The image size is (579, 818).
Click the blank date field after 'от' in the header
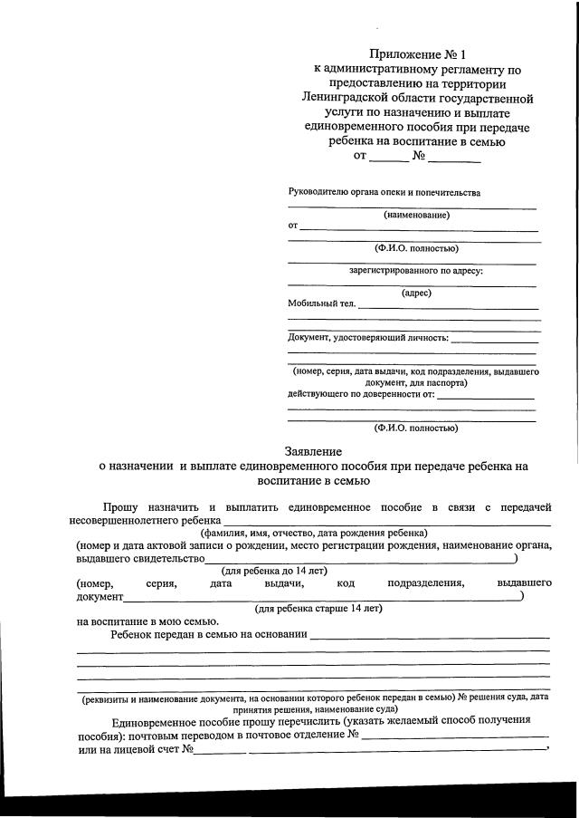pos(389,157)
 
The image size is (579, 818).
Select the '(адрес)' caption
pos(416,293)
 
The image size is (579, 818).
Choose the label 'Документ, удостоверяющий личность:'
pos(368,338)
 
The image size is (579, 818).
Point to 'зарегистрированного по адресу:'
pos(416,270)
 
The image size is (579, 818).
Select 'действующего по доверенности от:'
pos(361,394)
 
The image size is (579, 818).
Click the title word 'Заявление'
pos(313,451)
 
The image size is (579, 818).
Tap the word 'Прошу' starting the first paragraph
pos(119,507)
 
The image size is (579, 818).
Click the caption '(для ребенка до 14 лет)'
pos(274,571)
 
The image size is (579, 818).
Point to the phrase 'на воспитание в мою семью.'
pos(147,621)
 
